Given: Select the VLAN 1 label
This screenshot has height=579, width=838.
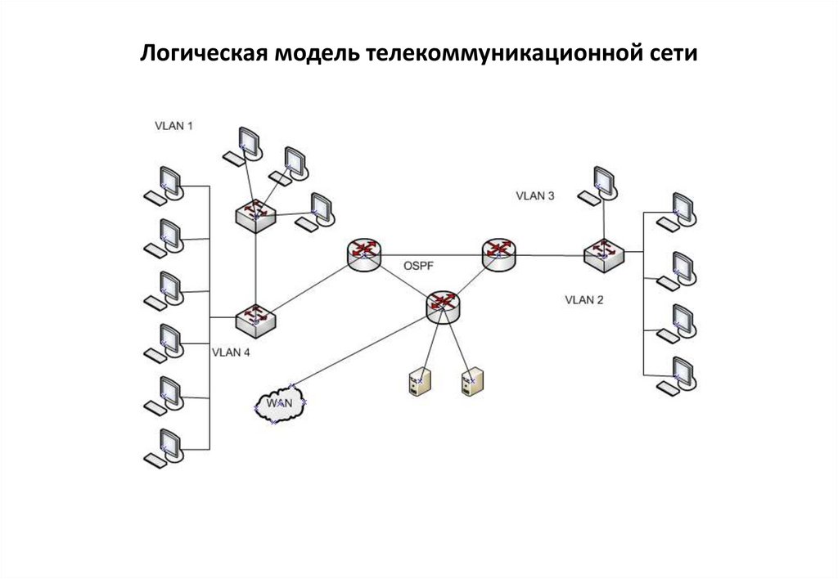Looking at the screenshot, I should (174, 126).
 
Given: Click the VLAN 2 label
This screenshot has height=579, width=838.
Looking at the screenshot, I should (584, 300).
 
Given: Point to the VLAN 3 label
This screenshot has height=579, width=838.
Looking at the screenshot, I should (535, 195).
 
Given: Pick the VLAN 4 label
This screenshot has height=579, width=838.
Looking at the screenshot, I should (231, 353).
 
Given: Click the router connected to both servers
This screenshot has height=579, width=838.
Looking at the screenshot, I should (444, 306).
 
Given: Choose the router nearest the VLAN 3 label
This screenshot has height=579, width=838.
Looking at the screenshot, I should (499, 254).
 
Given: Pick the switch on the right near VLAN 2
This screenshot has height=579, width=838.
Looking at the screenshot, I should (604, 254).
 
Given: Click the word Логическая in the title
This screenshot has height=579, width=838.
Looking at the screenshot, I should (204, 55).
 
